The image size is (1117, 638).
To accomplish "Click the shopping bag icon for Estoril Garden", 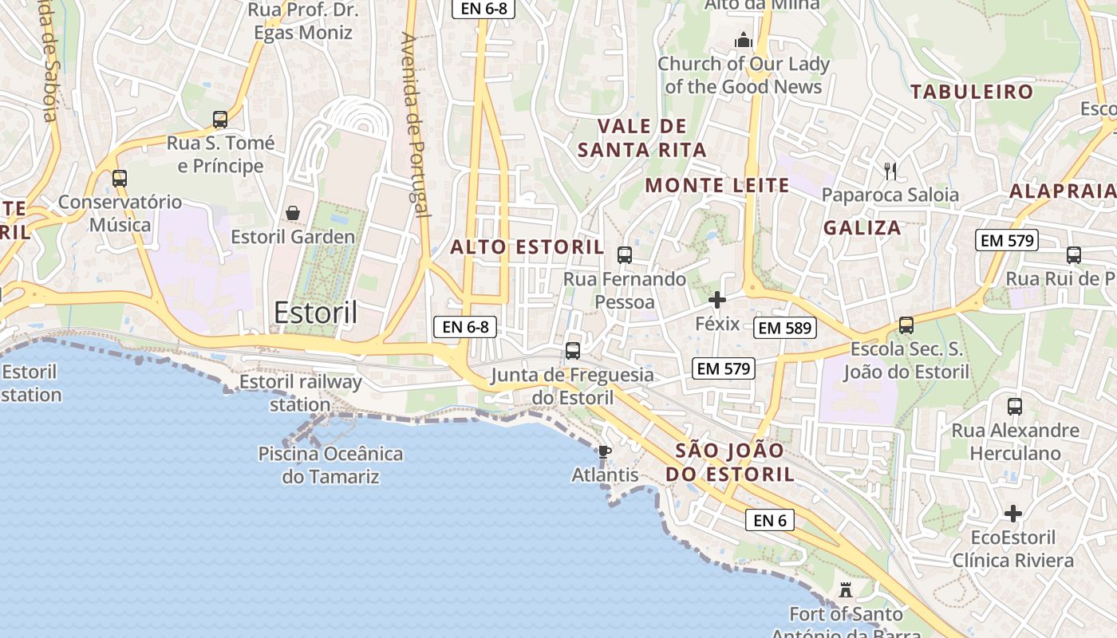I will tap(293, 213).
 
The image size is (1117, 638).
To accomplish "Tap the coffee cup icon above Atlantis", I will tap(605, 451).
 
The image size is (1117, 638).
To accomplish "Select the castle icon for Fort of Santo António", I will tap(846, 590).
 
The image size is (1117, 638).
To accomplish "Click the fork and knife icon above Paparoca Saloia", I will tap(890, 171).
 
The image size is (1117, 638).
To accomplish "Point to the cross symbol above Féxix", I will tap(717, 300).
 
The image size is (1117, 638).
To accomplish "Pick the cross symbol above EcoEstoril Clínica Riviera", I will tap(1013, 514).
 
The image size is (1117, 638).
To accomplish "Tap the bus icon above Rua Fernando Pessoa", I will tap(625, 255).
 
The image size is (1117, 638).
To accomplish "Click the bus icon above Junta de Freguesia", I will tap(573, 351).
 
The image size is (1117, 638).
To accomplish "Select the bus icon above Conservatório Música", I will tap(120, 179).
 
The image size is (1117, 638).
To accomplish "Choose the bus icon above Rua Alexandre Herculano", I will tap(1015, 407).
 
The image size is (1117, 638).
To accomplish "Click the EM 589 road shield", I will tap(785, 328).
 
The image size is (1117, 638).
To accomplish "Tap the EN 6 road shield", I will tap(771, 521).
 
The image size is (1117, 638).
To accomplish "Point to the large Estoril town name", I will tap(315, 313).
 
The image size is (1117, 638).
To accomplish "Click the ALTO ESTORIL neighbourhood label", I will tap(527, 247).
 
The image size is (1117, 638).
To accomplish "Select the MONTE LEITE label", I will tap(716, 186).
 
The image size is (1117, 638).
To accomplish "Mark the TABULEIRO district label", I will tap(972, 92).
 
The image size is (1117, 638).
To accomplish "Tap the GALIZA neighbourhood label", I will tap(862, 228).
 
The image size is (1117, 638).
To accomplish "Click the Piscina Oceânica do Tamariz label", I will tap(330, 465).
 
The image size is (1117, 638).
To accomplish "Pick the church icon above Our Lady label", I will tap(744, 40).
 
